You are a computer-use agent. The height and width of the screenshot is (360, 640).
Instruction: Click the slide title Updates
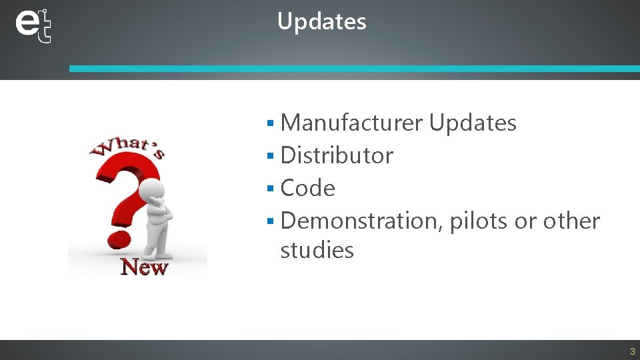(x=321, y=21)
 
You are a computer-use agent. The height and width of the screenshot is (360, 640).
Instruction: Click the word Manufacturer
(x=351, y=123)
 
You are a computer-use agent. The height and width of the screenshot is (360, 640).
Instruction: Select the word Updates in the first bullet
(x=472, y=123)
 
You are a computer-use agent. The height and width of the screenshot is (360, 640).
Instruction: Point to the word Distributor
(x=337, y=155)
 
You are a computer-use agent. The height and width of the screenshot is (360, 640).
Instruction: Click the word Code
(x=307, y=188)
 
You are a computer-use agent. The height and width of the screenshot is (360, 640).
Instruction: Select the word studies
(x=317, y=251)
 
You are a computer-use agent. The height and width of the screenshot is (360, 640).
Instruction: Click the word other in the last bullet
(x=571, y=221)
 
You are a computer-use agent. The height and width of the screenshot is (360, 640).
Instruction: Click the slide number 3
(x=632, y=351)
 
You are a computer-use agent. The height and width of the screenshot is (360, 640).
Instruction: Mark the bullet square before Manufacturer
(x=270, y=123)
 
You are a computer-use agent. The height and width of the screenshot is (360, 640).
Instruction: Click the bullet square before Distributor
(x=270, y=156)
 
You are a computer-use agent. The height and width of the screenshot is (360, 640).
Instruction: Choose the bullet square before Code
(x=270, y=189)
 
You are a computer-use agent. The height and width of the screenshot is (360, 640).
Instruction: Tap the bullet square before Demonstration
(x=270, y=221)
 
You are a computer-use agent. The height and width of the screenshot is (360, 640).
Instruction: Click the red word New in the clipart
(x=143, y=267)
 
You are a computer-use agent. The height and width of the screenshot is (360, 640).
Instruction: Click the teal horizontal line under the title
(x=353, y=69)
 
